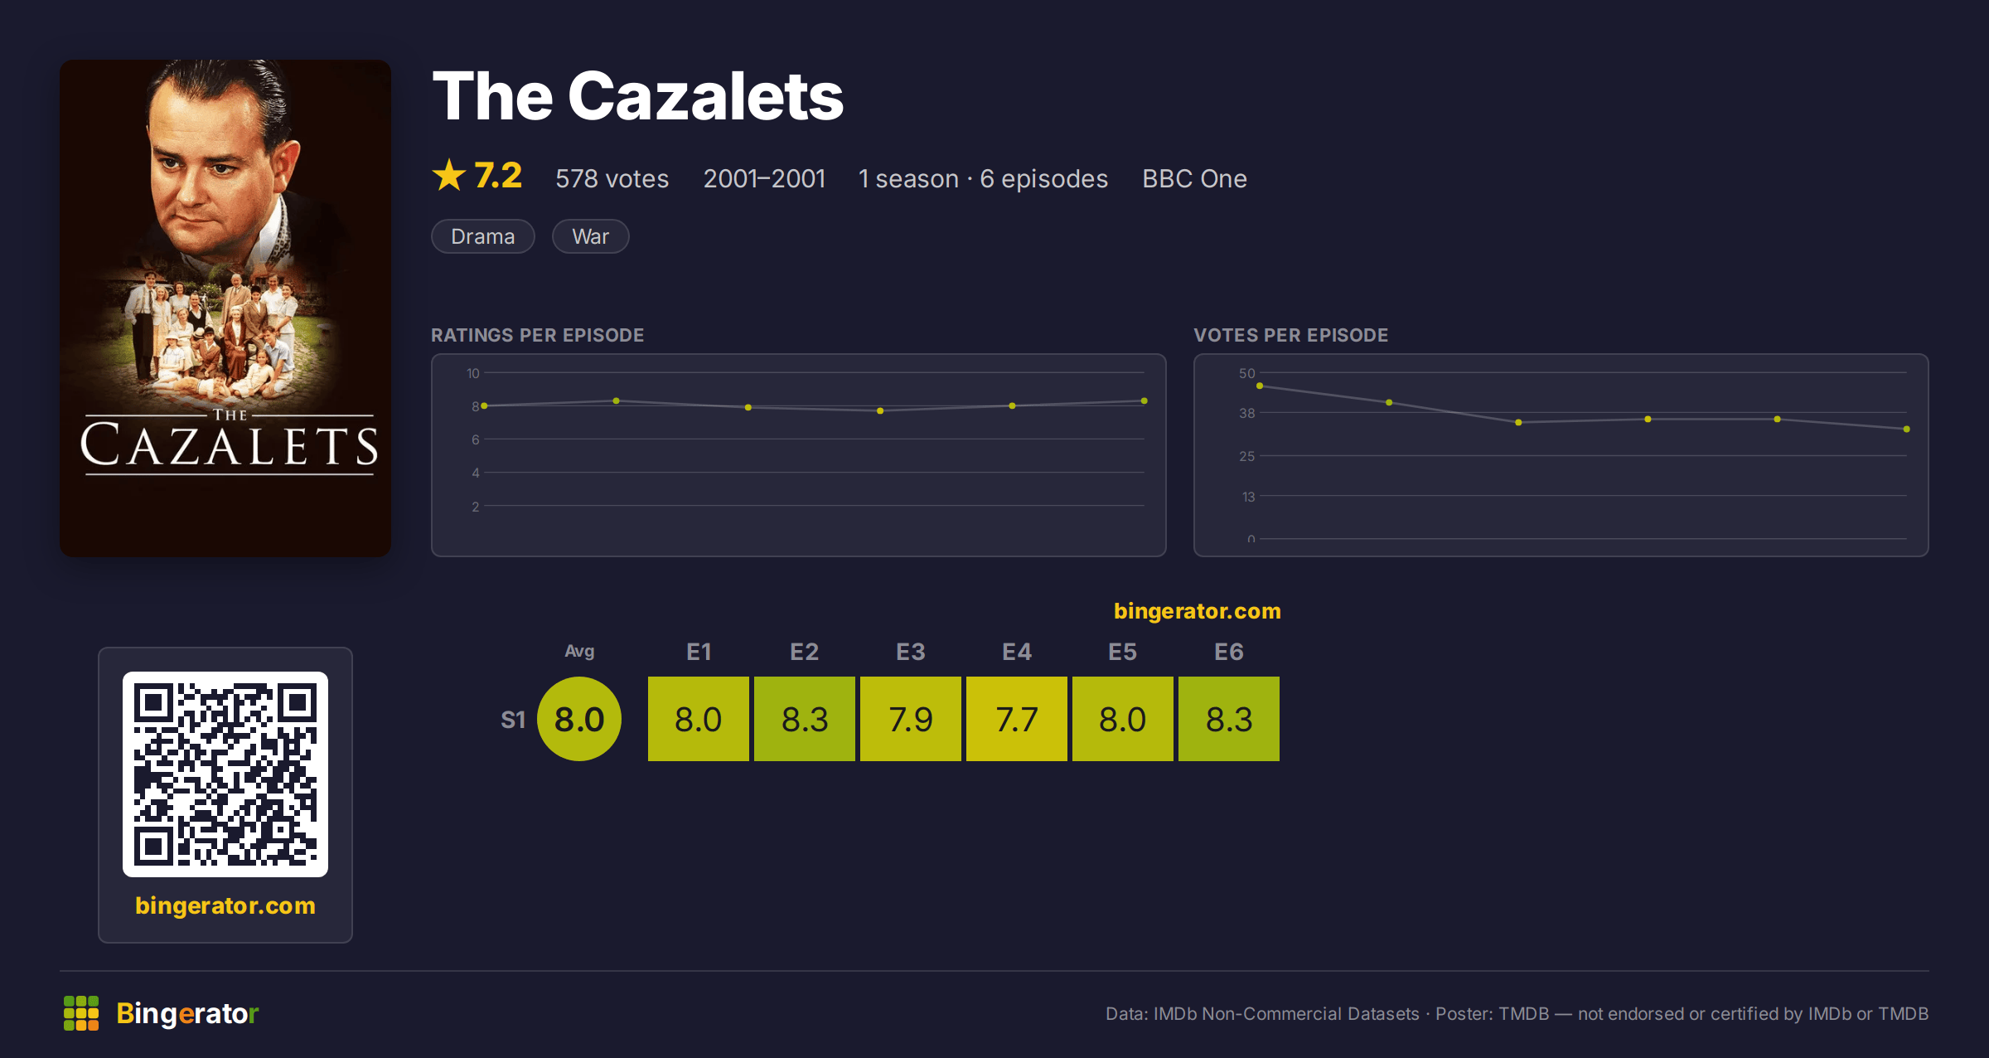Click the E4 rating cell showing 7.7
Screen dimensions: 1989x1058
(1017, 719)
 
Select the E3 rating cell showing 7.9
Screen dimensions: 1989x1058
(911, 719)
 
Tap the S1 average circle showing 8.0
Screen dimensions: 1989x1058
(579, 719)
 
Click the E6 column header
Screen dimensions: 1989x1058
(1229, 652)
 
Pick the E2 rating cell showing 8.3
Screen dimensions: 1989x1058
(805, 719)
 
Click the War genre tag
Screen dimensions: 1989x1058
(591, 236)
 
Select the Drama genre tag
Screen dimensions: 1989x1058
(483, 236)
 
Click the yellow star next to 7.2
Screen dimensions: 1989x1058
(449, 175)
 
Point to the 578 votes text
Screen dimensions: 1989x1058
(612, 178)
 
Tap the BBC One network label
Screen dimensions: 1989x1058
(1194, 178)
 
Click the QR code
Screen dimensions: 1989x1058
(225, 774)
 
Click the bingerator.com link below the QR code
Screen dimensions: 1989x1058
(225, 905)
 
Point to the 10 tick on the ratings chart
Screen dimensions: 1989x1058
(473, 373)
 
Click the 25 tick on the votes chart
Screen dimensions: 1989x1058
(1247, 456)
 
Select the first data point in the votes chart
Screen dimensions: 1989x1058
(1260, 386)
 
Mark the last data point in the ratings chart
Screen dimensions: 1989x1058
(1145, 401)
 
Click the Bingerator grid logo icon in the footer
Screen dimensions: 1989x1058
(81, 1013)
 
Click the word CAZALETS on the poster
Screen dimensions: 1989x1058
(230, 446)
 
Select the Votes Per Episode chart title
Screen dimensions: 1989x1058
(1290, 335)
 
